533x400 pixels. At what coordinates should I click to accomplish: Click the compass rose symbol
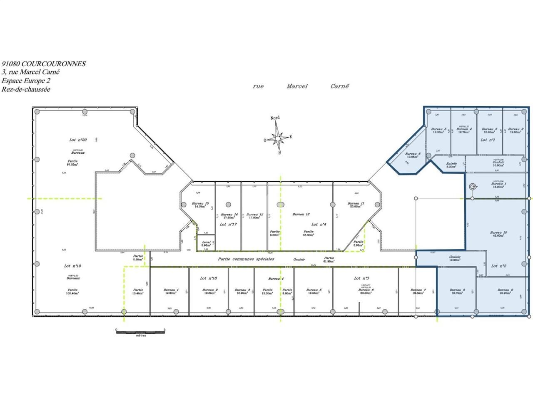pos(278,137)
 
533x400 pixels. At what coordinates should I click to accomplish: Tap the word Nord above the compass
pos(275,118)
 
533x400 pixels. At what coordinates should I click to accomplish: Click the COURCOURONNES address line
pos(44,64)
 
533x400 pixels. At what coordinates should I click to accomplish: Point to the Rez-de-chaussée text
pos(26,89)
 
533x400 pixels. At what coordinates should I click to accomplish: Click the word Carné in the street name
pos(339,86)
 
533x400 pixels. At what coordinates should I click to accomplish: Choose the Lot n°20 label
pos(78,140)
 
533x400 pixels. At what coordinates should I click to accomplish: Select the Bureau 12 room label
pos(301,214)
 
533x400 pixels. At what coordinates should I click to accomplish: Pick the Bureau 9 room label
pos(505,290)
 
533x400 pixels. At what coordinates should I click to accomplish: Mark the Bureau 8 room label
pos(457,290)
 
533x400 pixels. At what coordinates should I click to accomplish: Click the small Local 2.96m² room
pos(206,243)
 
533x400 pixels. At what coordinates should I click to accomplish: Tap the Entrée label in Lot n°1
pos(451,164)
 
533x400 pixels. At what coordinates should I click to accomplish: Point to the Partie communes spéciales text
pos(246,259)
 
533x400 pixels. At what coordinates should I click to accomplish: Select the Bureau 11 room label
pos(356,203)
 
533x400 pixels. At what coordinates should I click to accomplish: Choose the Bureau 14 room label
pos(229,214)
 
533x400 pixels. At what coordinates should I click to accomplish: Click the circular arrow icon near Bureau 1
pos(472,187)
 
